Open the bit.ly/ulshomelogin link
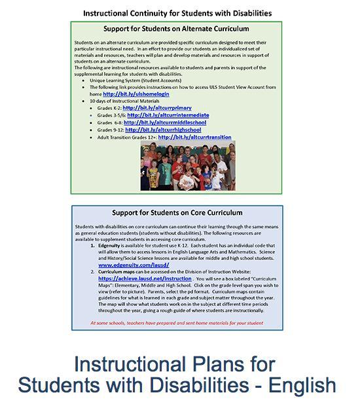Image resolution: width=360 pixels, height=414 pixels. (136, 94)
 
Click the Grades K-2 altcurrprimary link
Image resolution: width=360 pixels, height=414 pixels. (155, 107)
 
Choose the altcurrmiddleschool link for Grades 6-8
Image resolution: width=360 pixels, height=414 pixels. (165, 122)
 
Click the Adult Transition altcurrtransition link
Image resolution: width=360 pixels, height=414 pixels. (194, 137)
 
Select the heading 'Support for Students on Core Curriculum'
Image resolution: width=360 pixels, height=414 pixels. (177, 213)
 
